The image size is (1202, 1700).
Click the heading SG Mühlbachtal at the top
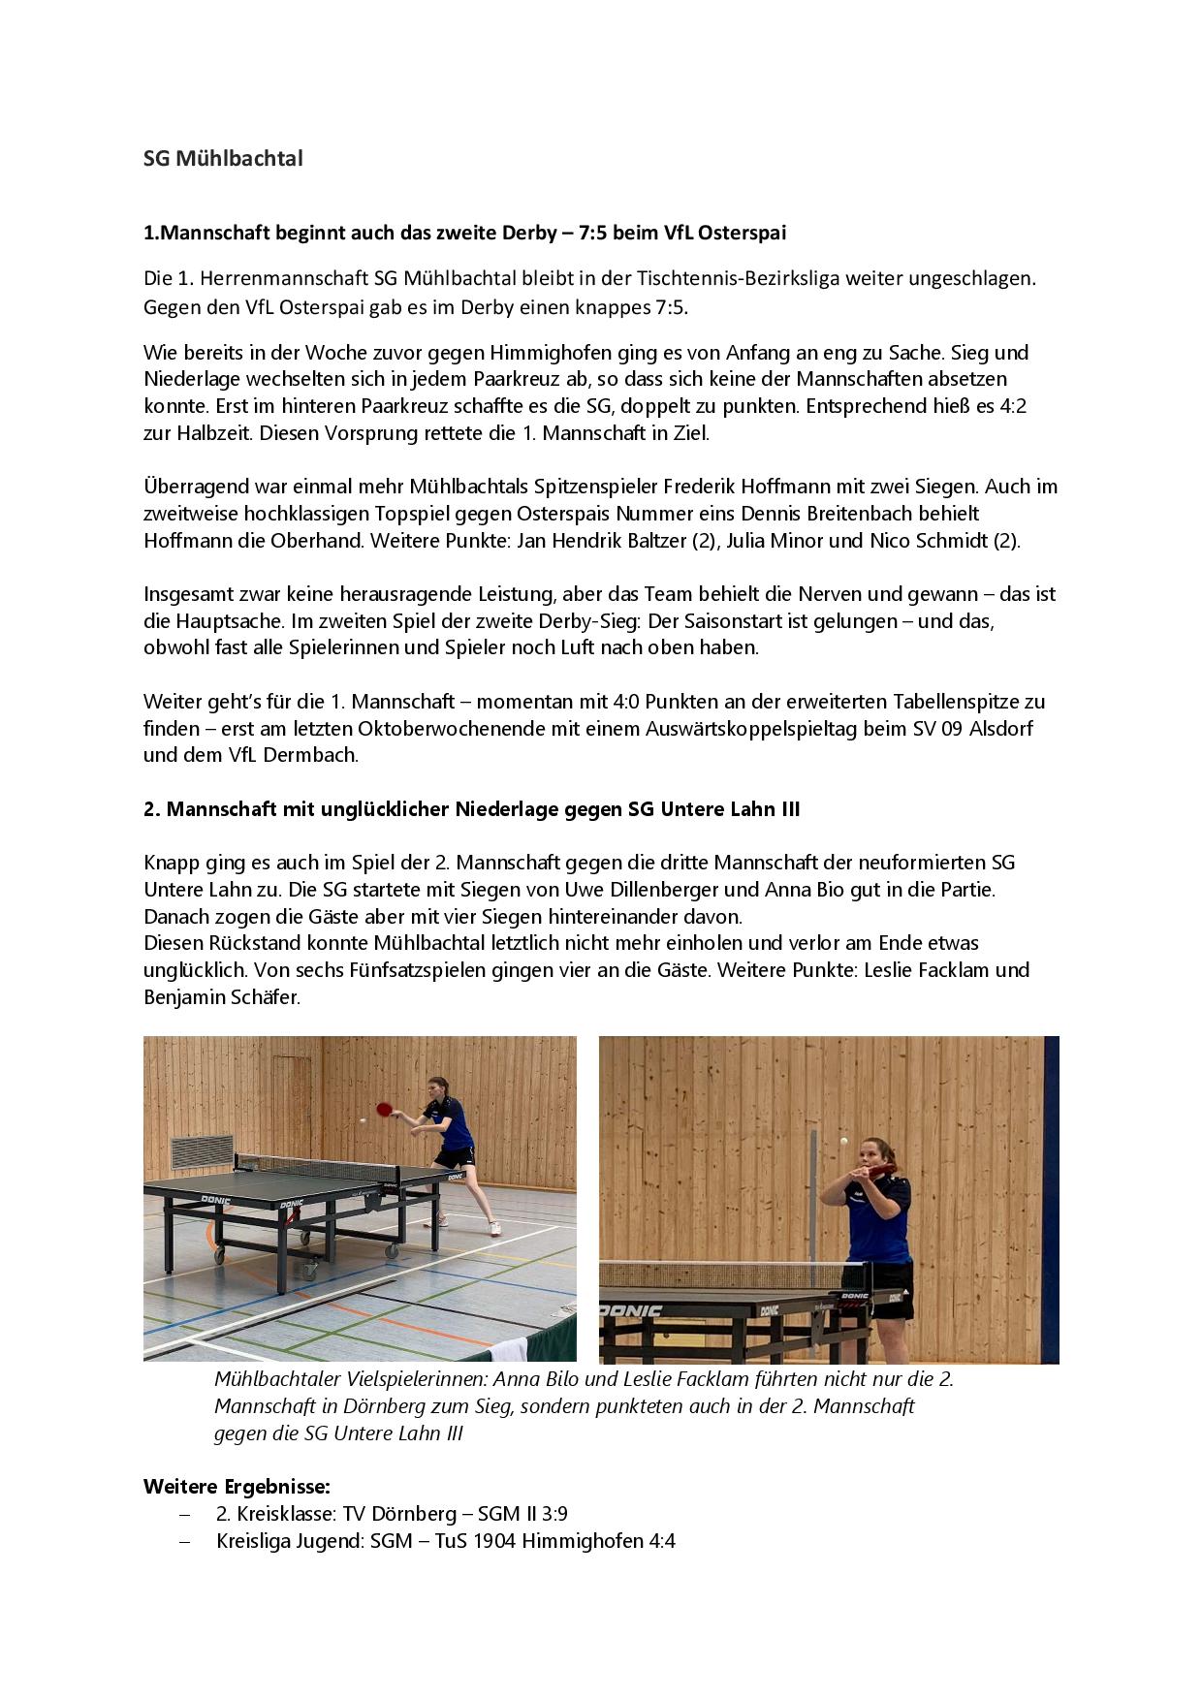point(223,159)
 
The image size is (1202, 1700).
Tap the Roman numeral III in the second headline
point(790,809)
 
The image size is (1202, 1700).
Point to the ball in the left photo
point(363,1119)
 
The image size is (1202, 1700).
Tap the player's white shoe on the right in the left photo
point(494,1228)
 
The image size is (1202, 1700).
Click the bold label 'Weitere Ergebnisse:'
point(237,1486)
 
